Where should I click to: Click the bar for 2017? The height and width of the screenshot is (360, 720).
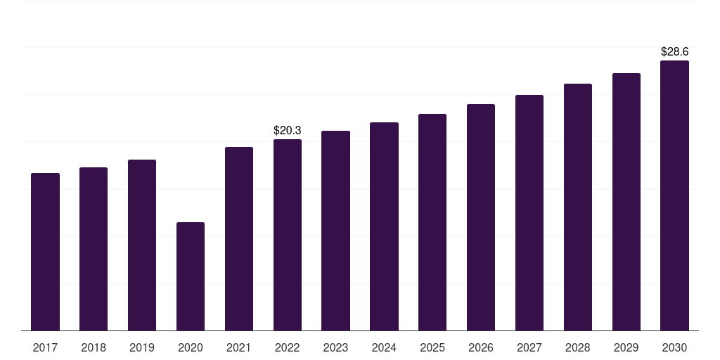pyautogui.click(x=45, y=252)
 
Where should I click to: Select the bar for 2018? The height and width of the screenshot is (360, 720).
pyautogui.click(x=94, y=249)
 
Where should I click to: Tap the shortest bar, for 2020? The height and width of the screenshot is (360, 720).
pyautogui.click(x=191, y=276)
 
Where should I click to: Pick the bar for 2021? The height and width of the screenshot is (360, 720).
pyautogui.click(x=239, y=239)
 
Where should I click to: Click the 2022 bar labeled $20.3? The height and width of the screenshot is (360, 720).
pyautogui.click(x=288, y=235)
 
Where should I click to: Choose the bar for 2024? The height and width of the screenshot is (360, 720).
pyautogui.click(x=384, y=226)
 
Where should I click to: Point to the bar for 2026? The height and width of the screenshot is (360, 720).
pyautogui.click(x=481, y=217)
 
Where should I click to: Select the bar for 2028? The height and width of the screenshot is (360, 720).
pyautogui.click(x=578, y=207)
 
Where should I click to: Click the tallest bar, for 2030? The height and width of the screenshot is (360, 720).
pyautogui.click(x=674, y=195)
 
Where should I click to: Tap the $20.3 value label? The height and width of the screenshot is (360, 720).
pyautogui.click(x=288, y=130)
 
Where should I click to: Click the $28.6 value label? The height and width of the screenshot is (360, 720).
pyautogui.click(x=674, y=52)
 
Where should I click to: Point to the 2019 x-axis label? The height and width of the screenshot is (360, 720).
pyautogui.click(x=142, y=348)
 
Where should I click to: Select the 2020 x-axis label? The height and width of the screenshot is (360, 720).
pyautogui.click(x=191, y=348)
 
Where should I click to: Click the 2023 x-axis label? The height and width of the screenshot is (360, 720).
pyautogui.click(x=335, y=348)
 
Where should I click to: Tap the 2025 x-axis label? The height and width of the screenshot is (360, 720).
pyautogui.click(x=432, y=348)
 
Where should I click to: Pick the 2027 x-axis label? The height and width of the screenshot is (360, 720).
pyautogui.click(x=529, y=348)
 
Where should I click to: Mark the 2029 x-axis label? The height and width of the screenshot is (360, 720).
pyautogui.click(x=626, y=348)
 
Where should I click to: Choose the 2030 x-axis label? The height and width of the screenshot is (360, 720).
pyautogui.click(x=674, y=348)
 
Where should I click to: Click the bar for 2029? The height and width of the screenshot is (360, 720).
pyautogui.click(x=626, y=202)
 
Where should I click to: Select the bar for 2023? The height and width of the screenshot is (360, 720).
pyautogui.click(x=335, y=231)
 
